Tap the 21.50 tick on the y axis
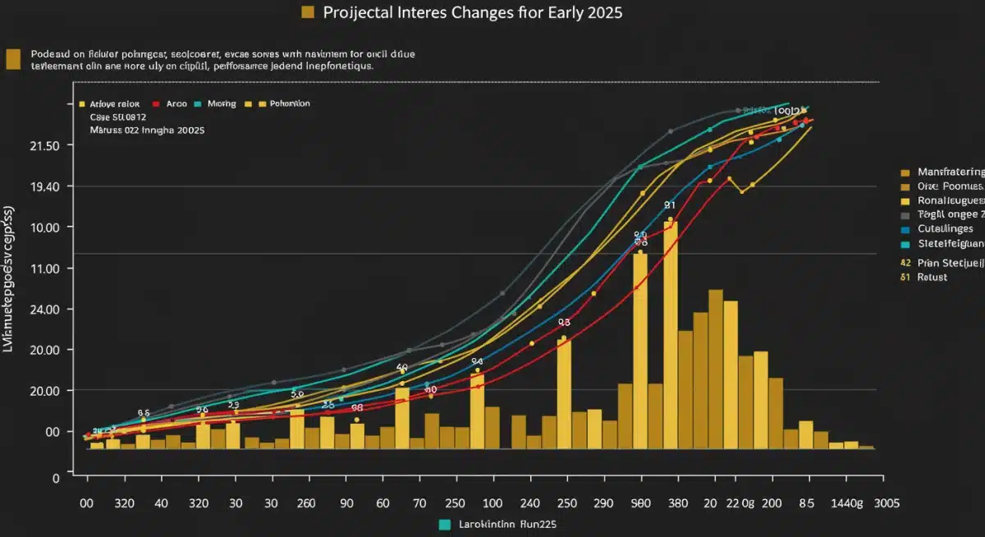[x=44, y=145]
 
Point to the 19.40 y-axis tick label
[x=44, y=186]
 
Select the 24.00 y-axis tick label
[x=44, y=310]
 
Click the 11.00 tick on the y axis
[x=44, y=268]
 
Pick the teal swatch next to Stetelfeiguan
[x=905, y=244]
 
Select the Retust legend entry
[x=932, y=278]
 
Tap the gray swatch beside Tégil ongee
[x=905, y=215]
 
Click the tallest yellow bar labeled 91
[x=671, y=328]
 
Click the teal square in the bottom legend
[x=444, y=524]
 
